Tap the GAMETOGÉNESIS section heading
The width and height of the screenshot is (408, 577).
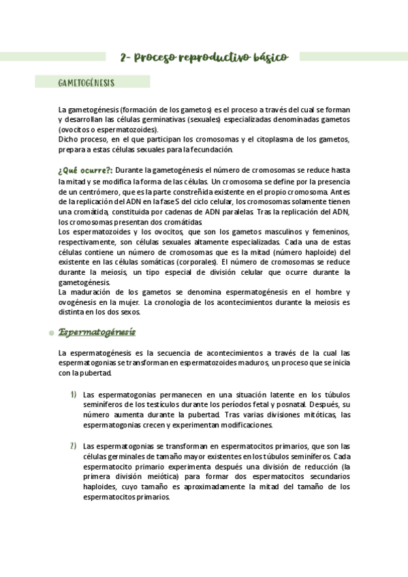[86, 82]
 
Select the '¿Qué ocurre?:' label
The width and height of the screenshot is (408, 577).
[85, 169]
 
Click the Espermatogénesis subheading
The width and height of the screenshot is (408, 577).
[97, 332]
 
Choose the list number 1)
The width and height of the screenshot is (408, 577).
[72, 394]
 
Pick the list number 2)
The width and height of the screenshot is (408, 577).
[72, 446]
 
